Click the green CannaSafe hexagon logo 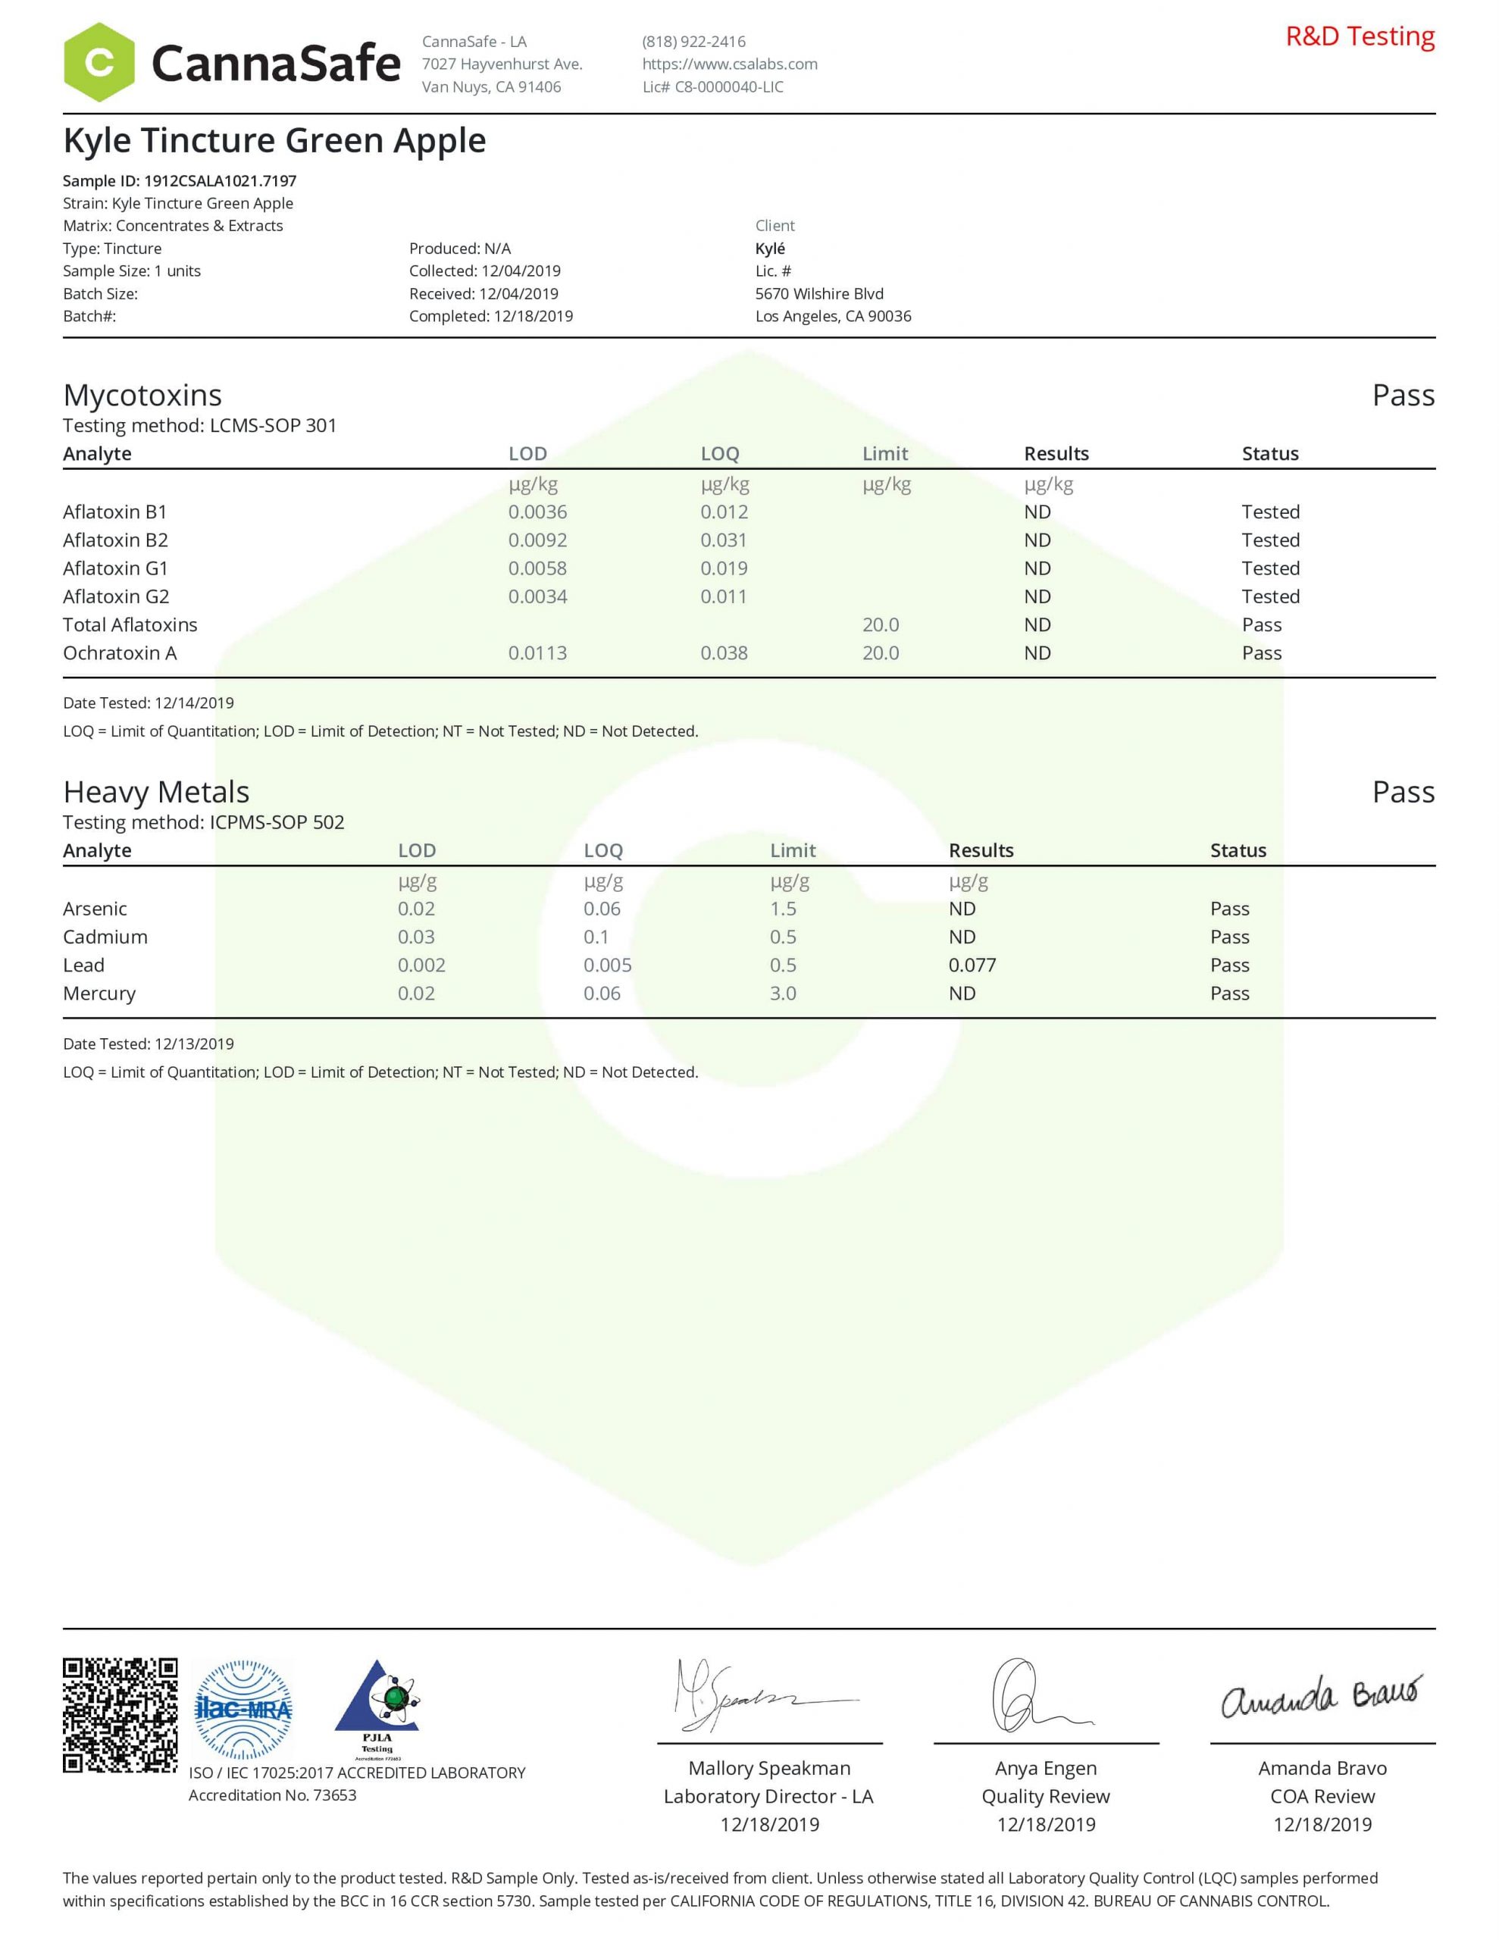coord(99,62)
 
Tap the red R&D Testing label coord(1360,36)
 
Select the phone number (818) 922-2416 coord(694,42)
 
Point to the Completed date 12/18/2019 coord(490,316)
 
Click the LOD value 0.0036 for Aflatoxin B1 coord(537,512)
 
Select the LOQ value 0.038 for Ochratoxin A coord(724,653)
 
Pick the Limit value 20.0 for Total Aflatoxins coord(881,624)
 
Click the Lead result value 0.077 coord(972,965)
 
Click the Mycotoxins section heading coord(142,396)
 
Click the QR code coord(120,1715)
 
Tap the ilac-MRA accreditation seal coord(243,1710)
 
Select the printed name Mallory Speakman coord(769,1768)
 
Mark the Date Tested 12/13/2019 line coord(149,1044)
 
